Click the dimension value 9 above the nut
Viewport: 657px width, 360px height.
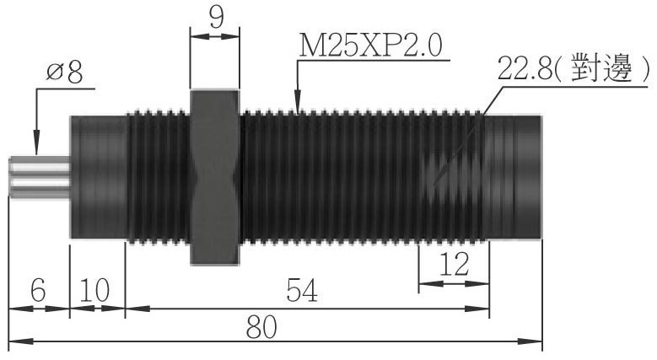point(217,17)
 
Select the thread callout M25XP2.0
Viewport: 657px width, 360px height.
point(370,46)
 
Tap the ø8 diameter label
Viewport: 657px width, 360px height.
point(65,72)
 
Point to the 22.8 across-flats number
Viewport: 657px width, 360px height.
point(525,68)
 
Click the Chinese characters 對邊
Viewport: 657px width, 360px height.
point(601,67)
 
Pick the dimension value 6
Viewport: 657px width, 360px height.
point(38,290)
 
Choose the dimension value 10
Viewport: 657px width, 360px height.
point(94,290)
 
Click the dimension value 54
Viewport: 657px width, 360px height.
point(302,290)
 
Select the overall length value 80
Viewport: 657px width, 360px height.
point(262,327)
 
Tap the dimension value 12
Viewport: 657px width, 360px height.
point(454,265)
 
